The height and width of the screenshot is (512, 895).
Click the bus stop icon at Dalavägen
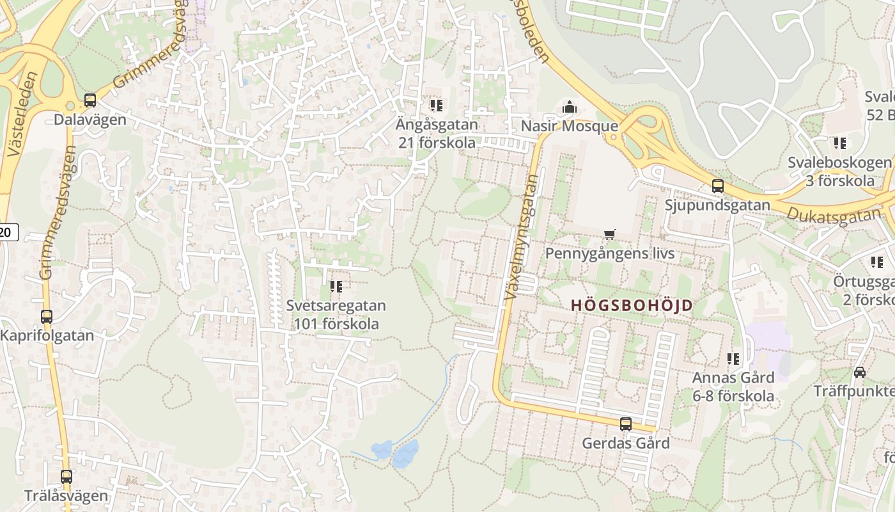click(90, 100)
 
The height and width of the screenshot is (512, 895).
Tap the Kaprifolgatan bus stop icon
click(47, 316)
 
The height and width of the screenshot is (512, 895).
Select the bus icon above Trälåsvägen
click(66, 476)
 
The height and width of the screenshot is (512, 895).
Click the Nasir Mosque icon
click(569, 107)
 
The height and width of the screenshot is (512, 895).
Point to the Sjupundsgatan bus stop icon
click(718, 186)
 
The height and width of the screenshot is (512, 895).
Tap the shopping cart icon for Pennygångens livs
click(609, 235)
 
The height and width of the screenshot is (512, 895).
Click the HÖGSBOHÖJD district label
click(631, 305)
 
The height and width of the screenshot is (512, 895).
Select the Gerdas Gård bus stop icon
click(625, 424)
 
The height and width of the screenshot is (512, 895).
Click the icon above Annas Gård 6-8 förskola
click(733, 359)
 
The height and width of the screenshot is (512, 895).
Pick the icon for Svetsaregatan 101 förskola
click(336, 287)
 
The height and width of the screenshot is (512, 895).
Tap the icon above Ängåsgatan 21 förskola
click(437, 105)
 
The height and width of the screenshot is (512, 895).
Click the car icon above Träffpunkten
click(860, 372)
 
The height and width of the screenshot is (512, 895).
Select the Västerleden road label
click(20, 115)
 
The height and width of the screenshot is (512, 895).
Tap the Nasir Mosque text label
click(569, 126)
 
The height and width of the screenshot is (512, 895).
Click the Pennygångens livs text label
click(609, 253)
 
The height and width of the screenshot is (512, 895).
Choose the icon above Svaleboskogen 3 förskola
click(839, 143)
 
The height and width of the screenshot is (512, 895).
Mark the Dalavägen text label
click(90, 120)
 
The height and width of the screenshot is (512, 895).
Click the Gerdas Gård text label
click(625, 443)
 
